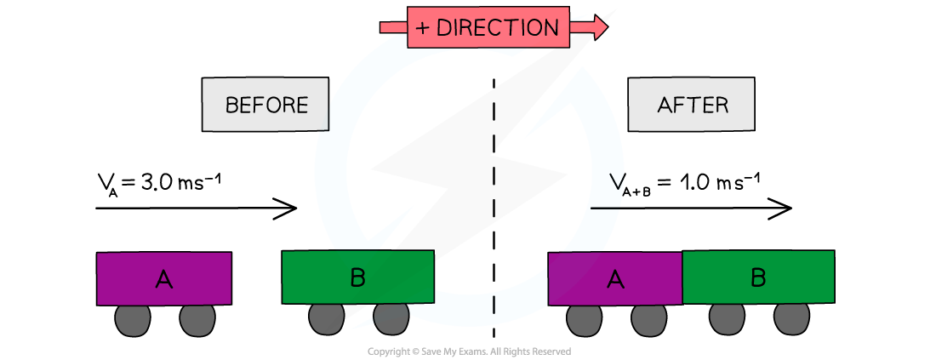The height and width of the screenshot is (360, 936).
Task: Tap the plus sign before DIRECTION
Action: [423, 28]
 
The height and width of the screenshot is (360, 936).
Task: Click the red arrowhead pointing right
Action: [599, 27]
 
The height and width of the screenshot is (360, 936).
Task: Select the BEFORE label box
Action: [265, 105]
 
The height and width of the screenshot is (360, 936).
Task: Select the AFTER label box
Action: [692, 105]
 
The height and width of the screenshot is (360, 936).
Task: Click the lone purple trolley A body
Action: [163, 278]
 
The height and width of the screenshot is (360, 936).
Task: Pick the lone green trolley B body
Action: [357, 277]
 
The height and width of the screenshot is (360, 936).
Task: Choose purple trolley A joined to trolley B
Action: [615, 278]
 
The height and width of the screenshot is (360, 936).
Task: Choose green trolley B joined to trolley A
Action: [758, 277]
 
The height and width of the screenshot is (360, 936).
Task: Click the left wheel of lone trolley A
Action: [132, 319]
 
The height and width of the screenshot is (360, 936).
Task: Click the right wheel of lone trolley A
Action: [197, 319]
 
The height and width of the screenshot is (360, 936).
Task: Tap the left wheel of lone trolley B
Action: [326, 318]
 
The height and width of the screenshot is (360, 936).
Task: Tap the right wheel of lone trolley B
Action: [391, 317]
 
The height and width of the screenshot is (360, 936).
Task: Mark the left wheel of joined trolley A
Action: [584, 319]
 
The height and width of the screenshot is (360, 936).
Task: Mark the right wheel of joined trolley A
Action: [648, 319]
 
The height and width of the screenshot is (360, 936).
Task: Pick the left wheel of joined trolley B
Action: [727, 317]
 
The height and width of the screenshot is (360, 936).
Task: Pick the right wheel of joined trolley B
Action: [791, 317]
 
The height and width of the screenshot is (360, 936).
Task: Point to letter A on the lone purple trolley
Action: [163, 278]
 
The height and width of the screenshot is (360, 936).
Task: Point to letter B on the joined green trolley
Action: [758, 277]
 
